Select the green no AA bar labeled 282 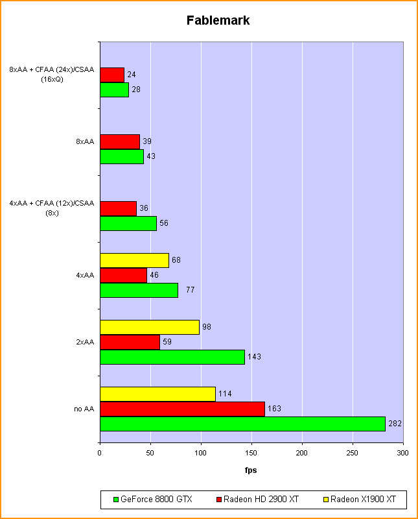(x=242, y=424)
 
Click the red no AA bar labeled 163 (x=182, y=409)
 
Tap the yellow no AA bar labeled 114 (x=157, y=394)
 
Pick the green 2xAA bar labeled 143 (x=172, y=357)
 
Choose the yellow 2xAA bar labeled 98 (x=149, y=327)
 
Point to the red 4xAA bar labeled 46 (x=123, y=275)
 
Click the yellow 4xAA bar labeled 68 (x=134, y=260)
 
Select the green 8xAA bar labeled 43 (x=122, y=156)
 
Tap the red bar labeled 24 (x=112, y=75)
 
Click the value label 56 (x=164, y=223)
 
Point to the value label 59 (x=167, y=342)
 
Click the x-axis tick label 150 (x=251, y=453)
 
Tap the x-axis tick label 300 (x=403, y=453)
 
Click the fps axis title (x=251, y=470)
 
